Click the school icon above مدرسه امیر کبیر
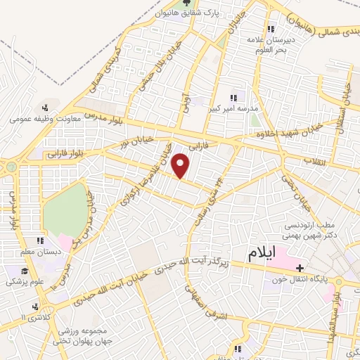[x=233, y=98]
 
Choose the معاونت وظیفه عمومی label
[x=46, y=119]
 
